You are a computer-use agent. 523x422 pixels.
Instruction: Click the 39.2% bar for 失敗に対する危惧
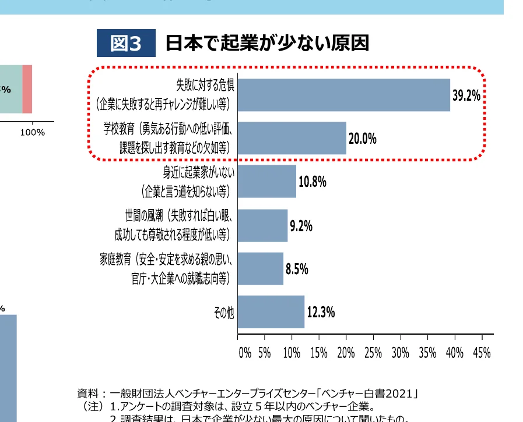click(344, 95)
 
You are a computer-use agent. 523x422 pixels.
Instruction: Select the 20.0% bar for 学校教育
click(292, 138)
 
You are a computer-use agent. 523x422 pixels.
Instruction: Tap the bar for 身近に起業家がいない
click(267, 181)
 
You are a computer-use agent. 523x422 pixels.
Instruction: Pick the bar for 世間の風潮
click(263, 225)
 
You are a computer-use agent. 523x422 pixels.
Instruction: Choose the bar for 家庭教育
click(261, 268)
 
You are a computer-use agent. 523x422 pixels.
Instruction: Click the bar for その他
click(271, 312)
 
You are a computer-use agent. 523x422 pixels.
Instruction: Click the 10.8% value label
click(312, 182)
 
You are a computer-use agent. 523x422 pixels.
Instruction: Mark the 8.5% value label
click(297, 269)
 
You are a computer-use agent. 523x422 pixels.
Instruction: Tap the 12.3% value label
click(321, 313)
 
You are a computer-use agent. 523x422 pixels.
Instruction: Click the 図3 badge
click(126, 44)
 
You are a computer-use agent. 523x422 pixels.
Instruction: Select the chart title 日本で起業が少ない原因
click(268, 44)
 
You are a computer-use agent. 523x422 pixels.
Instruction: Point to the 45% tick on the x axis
click(482, 353)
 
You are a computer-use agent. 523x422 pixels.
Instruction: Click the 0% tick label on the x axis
click(245, 353)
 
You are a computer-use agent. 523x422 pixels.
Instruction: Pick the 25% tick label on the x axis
click(373, 353)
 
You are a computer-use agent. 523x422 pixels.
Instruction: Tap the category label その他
click(224, 313)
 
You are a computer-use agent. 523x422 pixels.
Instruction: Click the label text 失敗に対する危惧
click(205, 86)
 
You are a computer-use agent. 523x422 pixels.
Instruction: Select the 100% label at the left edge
click(32, 133)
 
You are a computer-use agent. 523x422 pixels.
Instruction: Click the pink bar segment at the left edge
click(27, 89)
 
